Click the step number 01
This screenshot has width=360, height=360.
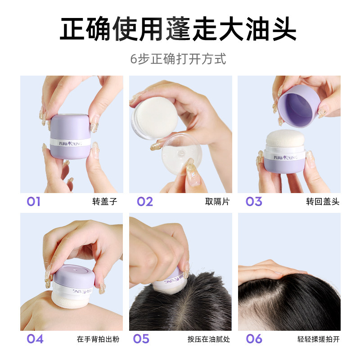click(x=34, y=201)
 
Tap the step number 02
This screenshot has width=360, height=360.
click(x=144, y=201)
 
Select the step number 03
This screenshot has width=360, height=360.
click(x=254, y=201)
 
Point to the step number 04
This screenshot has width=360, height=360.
click(x=35, y=338)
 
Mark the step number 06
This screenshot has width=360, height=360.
click(x=254, y=338)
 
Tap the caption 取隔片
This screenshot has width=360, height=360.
click(x=217, y=202)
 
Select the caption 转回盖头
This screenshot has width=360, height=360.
click(x=322, y=202)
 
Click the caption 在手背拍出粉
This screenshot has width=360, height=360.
click(x=97, y=339)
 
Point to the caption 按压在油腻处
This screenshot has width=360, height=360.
click(x=209, y=339)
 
